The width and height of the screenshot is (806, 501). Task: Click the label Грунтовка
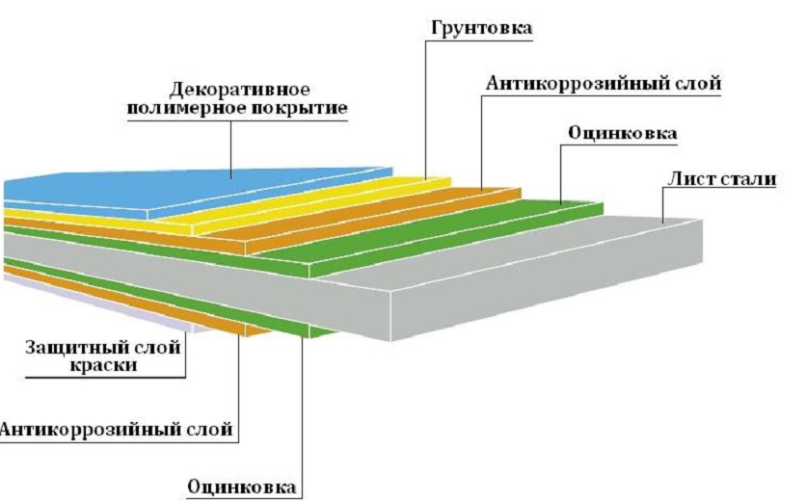coord(481,27)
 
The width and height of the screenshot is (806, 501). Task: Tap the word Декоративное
coord(239,90)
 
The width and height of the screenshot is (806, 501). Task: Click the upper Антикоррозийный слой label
coord(604,83)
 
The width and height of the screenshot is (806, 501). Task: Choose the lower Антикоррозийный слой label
coord(116,429)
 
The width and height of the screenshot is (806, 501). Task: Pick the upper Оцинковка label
coord(623,133)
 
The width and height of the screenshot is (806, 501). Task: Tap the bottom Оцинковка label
coord(242,488)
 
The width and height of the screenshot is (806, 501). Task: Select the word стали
coord(747,179)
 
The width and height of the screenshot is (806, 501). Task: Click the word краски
coord(103,365)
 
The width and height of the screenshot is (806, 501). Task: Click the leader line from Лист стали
coord(663,205)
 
